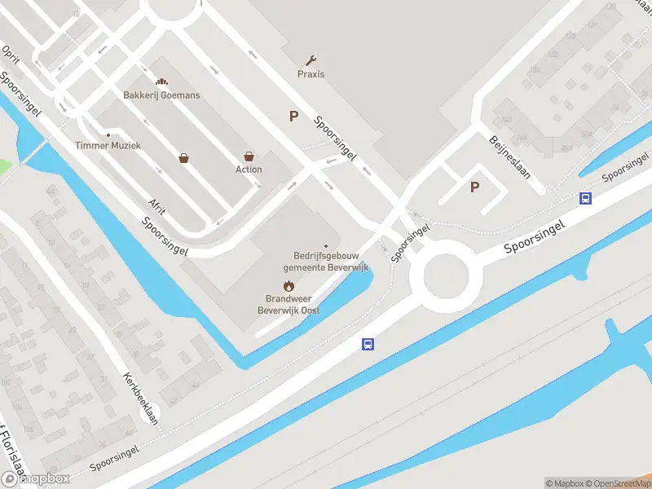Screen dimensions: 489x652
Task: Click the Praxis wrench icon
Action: [x=311, y=59]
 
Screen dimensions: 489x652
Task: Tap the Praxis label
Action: [x=311, y=74]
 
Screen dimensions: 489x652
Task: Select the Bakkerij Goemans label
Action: [x=161, y=95]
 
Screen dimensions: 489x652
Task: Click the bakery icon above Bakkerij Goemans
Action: [x=161, y=81]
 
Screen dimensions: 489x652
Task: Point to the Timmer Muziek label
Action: [x=108, y=145]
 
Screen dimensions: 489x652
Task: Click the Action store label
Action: [x=249, y=170]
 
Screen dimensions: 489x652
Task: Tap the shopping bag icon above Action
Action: [x=249, y=156]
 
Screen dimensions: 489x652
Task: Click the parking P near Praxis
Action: [x=293, y=117]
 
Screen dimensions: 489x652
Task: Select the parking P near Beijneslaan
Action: [x=474, y=187]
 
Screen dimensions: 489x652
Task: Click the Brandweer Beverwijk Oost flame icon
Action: [x=288, y=285]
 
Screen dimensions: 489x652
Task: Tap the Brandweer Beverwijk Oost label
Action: [x=289, y=304]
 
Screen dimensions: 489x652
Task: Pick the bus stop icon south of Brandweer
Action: [x=368, y=345]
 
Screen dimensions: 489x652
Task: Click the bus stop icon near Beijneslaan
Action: [x=585, y=197]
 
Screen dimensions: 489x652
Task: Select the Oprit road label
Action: [x=11, y=54]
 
